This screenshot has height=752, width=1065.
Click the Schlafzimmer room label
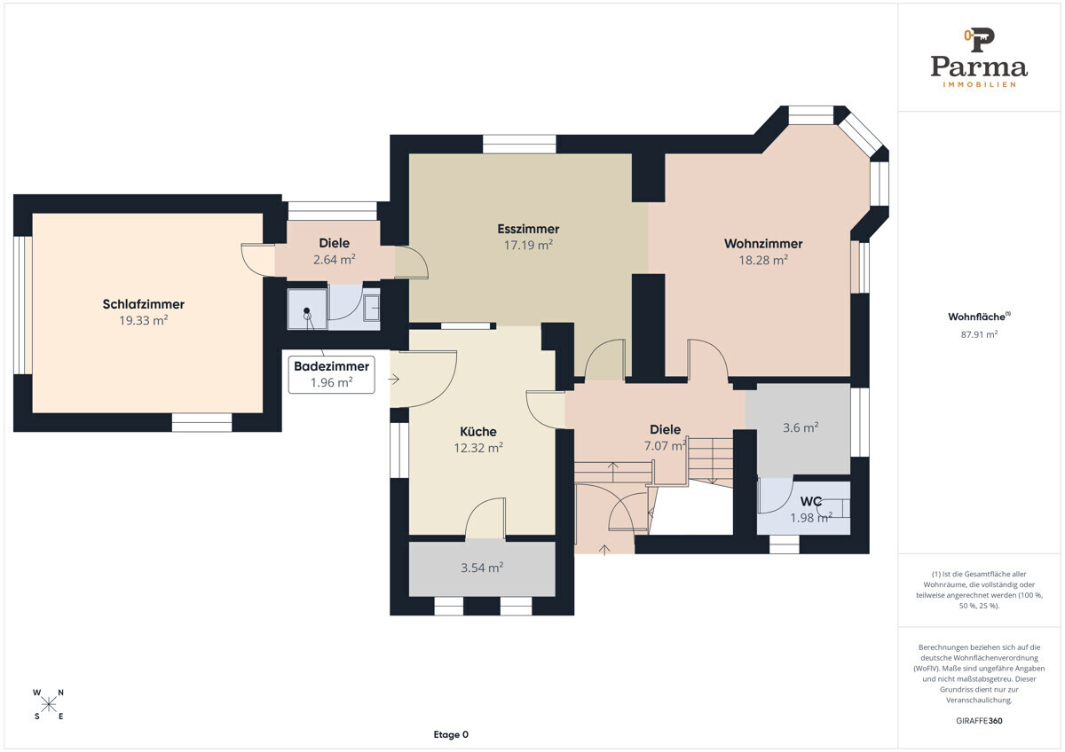[x=144, y=304]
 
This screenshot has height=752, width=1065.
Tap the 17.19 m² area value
[x=528, y=245]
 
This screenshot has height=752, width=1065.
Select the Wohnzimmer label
[x=763, y=244]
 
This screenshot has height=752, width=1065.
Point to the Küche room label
[x=478, y=431]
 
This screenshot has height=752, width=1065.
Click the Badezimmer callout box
[x=331, y=374]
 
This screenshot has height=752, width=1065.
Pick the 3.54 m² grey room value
[x=482, y=568]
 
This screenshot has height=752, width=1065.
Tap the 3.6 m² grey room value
[x=801, y=427]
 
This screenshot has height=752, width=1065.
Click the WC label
[x=811, y=502]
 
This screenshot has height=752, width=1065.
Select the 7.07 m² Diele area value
[x=665, y=445]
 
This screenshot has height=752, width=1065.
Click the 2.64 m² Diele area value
[x=335, y=260]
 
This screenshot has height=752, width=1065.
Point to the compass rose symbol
[x=48, y=704]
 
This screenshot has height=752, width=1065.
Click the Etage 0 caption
[x=451, y=734]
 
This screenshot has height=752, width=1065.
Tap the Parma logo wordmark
[x=979, y=67]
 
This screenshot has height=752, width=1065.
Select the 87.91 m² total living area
[x=979, y=334]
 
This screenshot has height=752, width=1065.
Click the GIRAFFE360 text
[x=979, y=721]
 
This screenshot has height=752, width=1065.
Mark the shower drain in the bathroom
[x=307, y=310]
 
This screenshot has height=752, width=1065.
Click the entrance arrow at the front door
[x=604, y=550]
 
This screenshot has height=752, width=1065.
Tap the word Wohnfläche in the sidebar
[x=976, y=317]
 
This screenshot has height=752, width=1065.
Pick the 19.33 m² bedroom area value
[x=144, y=321]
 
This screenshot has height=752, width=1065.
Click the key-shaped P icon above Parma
[x=979, y=40]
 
